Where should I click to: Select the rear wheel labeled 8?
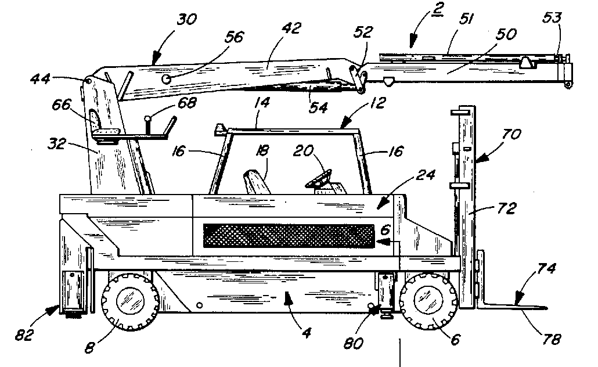point(130,300)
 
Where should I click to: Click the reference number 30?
point(186,20)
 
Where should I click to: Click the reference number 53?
point(552,17)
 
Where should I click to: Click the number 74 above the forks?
point(546,269)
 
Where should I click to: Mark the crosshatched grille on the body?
point(289,235)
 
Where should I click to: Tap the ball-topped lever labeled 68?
point(149,120)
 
